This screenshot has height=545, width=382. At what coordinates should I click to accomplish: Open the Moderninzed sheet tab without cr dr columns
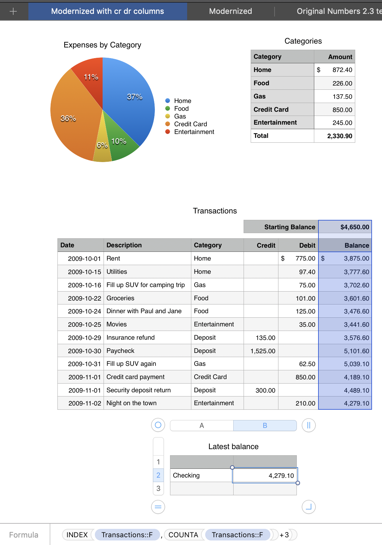(x=230, y=11)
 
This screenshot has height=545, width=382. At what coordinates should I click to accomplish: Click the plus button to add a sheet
(x=13, y=12)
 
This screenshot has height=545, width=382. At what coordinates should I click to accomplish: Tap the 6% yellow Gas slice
(x=102, y=149)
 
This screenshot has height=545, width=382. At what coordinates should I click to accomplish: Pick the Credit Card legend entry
(x=190, y=124)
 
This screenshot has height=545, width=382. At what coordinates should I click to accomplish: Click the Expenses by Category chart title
(x=102, y=45)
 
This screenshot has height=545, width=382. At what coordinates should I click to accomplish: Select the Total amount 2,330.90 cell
(x=335, y=136)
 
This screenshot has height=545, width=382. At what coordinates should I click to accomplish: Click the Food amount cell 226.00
(x=335, y=83)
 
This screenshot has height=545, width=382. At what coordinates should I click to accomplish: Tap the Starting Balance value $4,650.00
(x=345, y=227)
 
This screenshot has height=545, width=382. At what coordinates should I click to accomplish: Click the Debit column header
(x=298, y=245)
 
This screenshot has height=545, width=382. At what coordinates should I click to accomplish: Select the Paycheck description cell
(x=147, y=351)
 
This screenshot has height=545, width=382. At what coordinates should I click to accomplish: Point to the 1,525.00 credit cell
(x=261, y=351)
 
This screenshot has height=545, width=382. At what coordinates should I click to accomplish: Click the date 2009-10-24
(x=81, y=311)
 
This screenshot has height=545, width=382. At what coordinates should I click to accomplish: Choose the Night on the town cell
(x=147, y=403)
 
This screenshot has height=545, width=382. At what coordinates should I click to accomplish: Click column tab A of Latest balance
(x=202, y=426)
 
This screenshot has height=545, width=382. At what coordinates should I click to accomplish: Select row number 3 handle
(x=158, y=488)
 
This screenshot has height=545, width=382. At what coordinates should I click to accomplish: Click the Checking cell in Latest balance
(x=201, y=475)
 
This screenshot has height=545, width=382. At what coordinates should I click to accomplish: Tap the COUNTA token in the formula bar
(x=183, y=535)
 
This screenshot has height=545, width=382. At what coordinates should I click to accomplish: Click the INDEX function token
(x=77, y=535)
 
